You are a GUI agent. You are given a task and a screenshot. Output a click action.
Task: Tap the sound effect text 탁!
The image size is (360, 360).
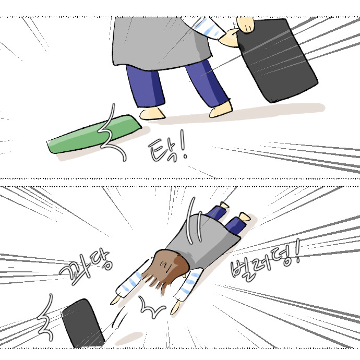(x=166, y=150)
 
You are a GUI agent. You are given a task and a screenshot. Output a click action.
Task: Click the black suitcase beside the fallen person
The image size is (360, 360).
(x=82, y=323)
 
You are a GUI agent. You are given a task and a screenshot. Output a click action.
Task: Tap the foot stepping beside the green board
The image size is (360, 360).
(x=152, y=113)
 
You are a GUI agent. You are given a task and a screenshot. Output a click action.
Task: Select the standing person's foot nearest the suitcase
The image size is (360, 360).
(x=221, y=110)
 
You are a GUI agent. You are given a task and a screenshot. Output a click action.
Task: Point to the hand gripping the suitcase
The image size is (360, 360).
(x=230, y=37)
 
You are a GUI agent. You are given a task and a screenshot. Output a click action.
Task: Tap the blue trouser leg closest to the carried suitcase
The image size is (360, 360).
(x=209, y=83)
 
